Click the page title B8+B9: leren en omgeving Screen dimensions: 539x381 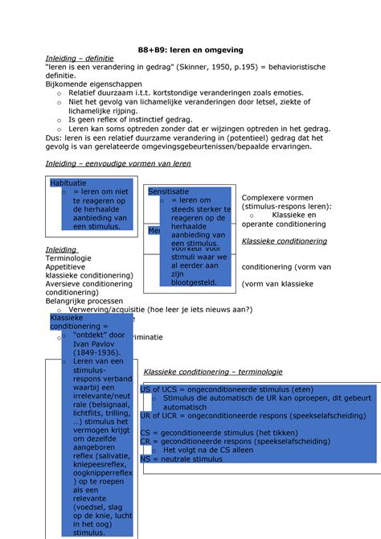point(190,50)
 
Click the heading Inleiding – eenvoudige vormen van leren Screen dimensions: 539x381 point(117,163)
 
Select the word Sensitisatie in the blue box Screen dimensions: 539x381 point(169,191)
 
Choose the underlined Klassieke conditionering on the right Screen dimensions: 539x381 point(285,241)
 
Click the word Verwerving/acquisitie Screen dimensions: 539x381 point(103,309)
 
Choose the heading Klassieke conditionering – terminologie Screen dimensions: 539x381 point(212,372)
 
